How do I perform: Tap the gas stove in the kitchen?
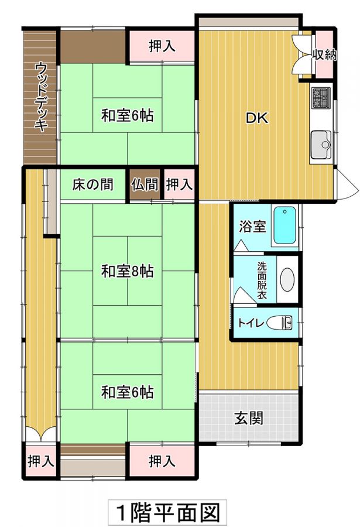pos(321,98)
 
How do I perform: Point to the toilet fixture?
pos(280,323)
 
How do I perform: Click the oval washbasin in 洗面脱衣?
pos(287,280)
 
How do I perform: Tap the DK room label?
pos(257,118)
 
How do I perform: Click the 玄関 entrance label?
pos(249,419)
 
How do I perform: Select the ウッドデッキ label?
pos(40,97)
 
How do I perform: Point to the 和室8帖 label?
pos(128,271)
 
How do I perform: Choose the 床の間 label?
pos(92,184)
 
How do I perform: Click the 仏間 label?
pos(145,184)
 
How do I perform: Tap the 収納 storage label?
pos(325,54)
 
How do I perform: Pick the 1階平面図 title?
pos(167,512)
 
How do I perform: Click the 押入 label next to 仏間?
pos(180,184)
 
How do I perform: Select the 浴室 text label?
pos(252,227)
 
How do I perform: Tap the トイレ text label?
pos(251,323)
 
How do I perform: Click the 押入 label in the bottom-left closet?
pos(41,461)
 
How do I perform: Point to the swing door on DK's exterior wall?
pos(346,184)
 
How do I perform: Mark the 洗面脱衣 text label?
pos(262,280)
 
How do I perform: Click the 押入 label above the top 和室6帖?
pos(162,46)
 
